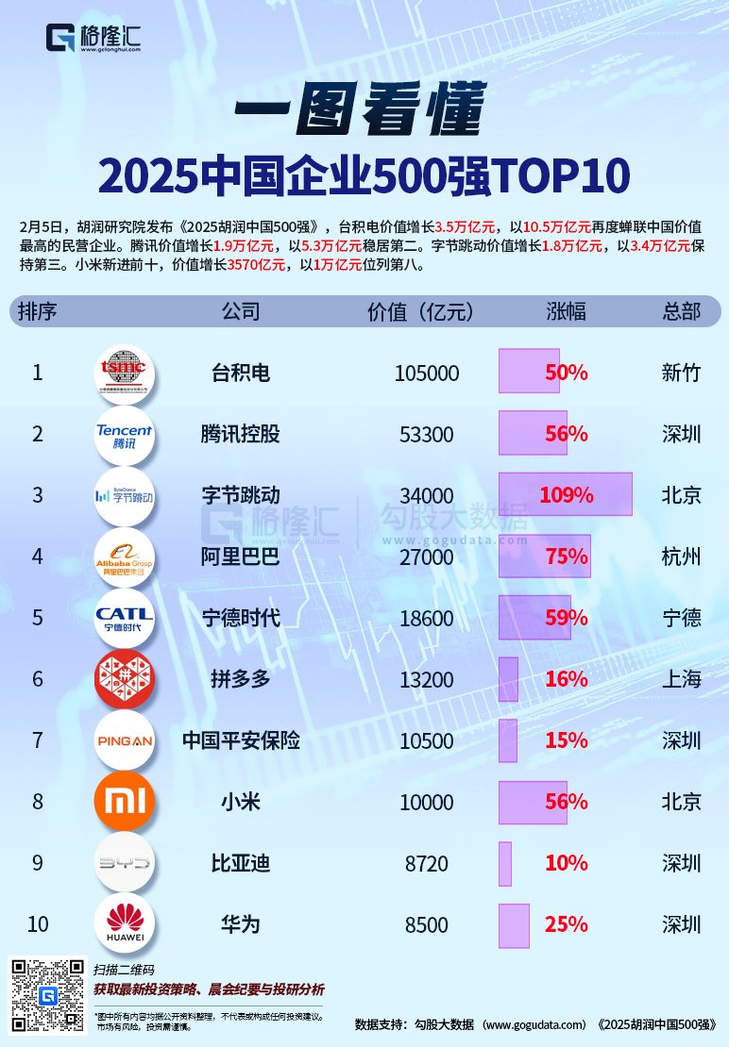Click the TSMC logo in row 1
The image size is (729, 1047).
[124, 374]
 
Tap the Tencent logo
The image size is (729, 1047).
[124, 435]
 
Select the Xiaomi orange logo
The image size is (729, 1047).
[124, 803]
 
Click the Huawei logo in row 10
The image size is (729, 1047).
[124, 923]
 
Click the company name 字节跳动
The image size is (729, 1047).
[241, 495]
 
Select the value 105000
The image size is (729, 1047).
[426, 374]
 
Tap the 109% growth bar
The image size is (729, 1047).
[565, 494]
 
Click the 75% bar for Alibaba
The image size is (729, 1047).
[545, 557]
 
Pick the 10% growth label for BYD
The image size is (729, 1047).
[566, 863]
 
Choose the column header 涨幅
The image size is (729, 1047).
[566, 311]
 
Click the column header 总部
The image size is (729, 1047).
[682, 311]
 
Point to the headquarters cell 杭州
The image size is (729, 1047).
[682, 557]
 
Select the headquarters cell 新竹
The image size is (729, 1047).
[682, 374]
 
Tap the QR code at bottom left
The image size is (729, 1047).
[47, 994]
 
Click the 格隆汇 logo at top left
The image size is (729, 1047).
[93, 39]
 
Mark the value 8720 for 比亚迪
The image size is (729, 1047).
[426, 863]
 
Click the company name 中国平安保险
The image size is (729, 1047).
[241, 740]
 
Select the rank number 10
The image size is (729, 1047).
[38, 923]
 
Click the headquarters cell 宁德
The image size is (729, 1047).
[682, 618]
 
